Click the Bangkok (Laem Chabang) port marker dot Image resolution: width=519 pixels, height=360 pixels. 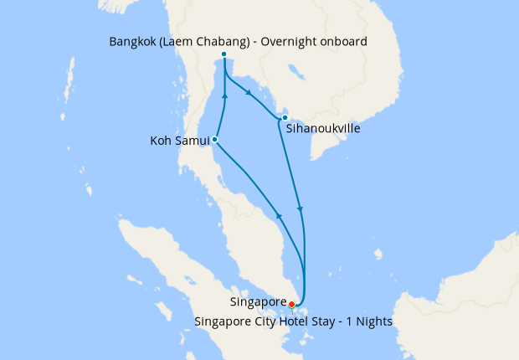(x=224, y=55)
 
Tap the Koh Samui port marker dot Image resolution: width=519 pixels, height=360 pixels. (x=215, y=139)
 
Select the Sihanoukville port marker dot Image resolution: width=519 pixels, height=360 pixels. (x=285, y=117)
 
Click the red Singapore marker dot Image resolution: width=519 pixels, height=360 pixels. (x=291, y=304)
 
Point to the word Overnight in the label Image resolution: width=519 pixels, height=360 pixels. (x=288, y=41)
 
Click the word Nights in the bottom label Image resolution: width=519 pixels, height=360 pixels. (x=373, y=321)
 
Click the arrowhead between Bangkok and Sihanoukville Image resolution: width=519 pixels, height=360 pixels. (x=248, y=93)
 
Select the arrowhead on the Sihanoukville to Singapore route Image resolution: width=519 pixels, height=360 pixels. (x=300, y=208)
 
